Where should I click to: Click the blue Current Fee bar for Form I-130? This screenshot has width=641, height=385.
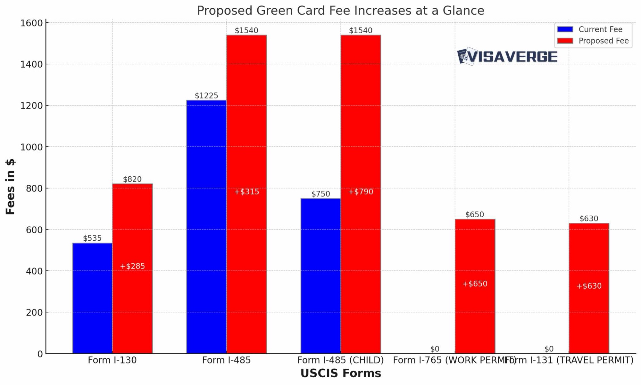pos(92,298)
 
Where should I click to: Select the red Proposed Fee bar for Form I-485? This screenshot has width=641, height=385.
pos(246,256)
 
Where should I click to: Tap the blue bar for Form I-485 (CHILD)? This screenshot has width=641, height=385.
pos(320,275)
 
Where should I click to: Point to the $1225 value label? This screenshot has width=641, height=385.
pos(206,96)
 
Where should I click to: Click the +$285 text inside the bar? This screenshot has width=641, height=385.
pos(132,266)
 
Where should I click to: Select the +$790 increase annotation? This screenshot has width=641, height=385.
pos(361,192)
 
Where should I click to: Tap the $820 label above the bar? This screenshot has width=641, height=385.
pos(132,179)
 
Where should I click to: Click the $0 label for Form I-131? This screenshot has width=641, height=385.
pos(549,349)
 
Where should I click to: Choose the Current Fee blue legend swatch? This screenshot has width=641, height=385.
pos(565,29)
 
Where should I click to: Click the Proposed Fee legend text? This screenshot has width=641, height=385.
pos(603,41)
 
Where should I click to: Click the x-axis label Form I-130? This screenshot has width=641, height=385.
pos(112,360)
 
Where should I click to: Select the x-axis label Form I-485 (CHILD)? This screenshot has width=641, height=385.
pos(340,360)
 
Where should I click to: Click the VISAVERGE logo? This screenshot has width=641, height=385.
pos(507,57)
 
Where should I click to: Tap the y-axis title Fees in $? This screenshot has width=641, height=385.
pos(10,187)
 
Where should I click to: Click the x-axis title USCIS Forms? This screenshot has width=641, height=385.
pos(340,373)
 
